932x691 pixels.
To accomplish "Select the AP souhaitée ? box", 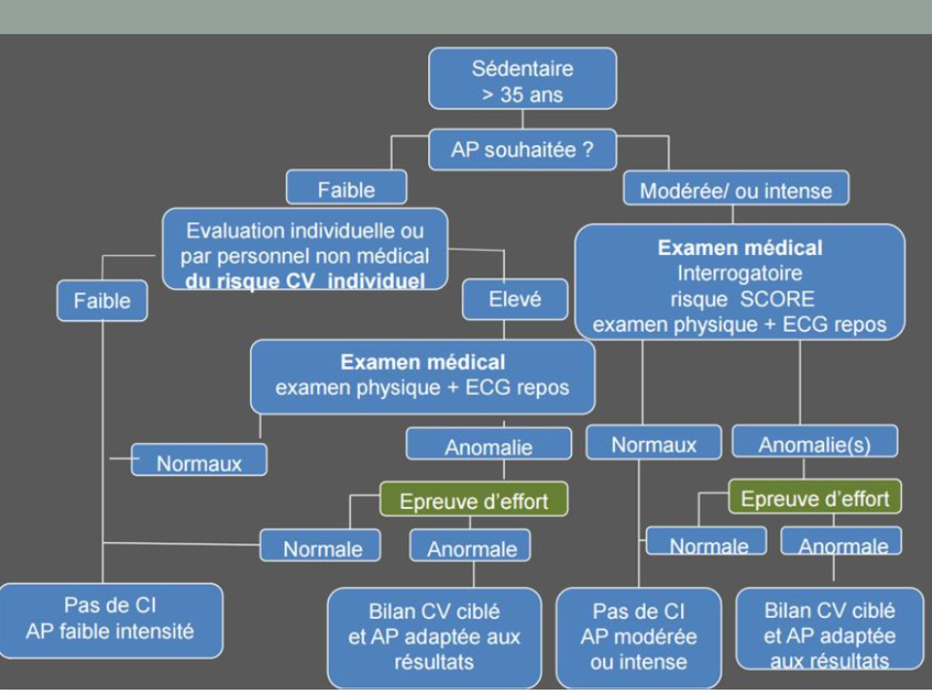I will point(522,151).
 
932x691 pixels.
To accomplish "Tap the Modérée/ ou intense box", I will point(735,190).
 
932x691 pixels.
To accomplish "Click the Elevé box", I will point(515,300).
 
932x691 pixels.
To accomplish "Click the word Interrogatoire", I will point(739,273).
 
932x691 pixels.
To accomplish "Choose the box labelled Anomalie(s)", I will point(814,444).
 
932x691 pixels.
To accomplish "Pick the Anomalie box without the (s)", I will point(488,446).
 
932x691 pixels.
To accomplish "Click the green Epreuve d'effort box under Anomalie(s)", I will point(814,498).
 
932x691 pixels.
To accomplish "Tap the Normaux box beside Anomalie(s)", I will point(654,444).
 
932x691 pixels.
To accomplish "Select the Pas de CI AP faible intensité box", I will point(110,619).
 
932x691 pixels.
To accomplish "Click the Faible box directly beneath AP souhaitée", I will point(346,190).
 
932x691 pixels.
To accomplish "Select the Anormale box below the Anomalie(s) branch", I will point(842,544).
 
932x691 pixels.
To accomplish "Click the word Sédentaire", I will point(522,68).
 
